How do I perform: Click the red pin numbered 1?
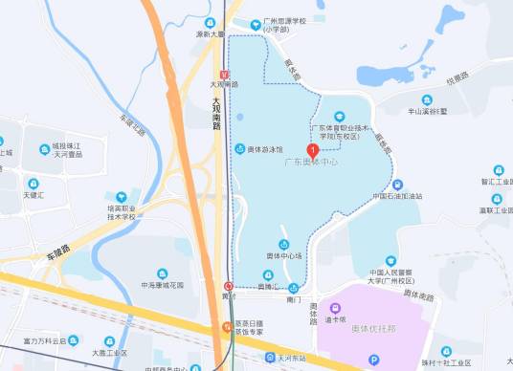click(312, 149)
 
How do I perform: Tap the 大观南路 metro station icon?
click(223, 74)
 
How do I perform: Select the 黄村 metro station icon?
click(229, 285)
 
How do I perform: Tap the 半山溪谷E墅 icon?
click(428, 98)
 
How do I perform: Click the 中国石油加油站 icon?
click(397, 185)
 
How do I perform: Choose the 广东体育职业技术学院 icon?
click(339, 117)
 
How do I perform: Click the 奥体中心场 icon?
click(283, 245)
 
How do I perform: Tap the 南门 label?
click(294, 300)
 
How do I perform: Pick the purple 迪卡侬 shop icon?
click(335, 308)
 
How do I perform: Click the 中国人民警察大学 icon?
click(390, 261)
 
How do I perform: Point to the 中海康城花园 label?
click(163, 285)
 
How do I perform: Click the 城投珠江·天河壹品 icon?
click(44, 149)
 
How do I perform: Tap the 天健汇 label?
click(37, 195)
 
